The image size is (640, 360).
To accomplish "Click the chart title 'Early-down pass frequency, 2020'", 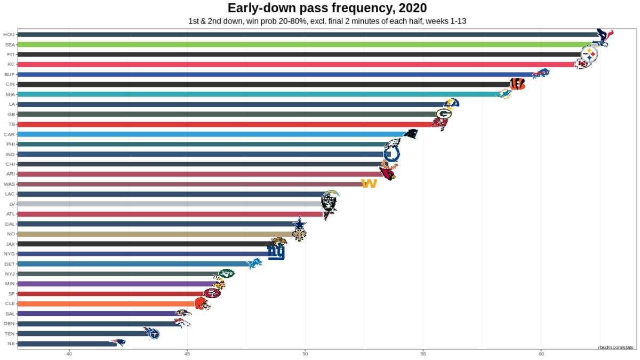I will point(327,8).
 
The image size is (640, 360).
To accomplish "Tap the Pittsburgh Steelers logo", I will point(589,54).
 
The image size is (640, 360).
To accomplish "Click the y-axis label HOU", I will point(9,35).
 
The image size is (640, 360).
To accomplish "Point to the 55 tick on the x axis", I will point(423,353).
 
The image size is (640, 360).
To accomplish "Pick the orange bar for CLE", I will point(107,303).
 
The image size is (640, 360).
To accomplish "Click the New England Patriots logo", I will point(118,343).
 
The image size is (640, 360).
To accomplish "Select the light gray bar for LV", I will point(171,204).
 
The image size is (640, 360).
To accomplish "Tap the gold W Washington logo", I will point(369,183).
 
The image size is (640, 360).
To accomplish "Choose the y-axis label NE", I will point(11,343).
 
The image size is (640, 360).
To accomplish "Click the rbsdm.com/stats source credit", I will point(615,347).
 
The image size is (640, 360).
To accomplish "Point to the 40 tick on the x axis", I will point(69,353).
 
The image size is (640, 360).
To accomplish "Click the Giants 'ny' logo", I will point(276,252).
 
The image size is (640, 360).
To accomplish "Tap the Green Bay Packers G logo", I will point(444,114).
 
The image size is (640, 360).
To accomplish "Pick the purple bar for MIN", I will point(117,284).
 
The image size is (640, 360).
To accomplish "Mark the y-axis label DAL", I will point(10,224).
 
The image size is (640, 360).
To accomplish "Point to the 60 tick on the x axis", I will point(541,353).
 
